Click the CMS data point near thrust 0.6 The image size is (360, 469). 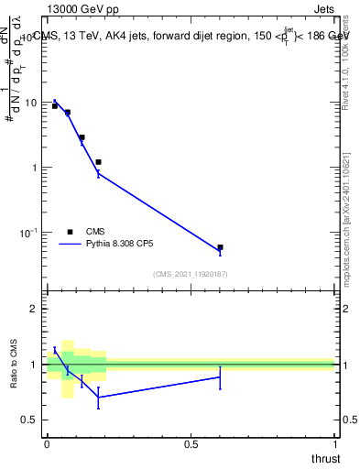pyautogui.click(x=220, y=247)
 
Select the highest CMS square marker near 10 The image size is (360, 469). pyautogui.click(x=55, y=106)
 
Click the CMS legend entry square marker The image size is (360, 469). pyautogui.click(x=70, y=232)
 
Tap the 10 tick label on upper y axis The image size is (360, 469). pyautogui.click(x=30, y=103)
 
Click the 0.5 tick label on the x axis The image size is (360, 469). pyautogui.click(x=191, y=443)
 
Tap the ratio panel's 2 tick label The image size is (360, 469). pyautogui.click(x=33, y=309)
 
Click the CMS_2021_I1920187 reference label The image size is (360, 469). pyautogui.click(x=190, y=274)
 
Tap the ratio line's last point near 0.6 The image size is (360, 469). pyautogui.click(x=220, y=376)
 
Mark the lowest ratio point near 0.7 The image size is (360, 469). pyautogui.click(x=98, y=397)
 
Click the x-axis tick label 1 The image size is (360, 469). pyautogui.click(x=334, y=443)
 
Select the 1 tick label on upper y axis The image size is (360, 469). pyautogui.click(x=34, y=168)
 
